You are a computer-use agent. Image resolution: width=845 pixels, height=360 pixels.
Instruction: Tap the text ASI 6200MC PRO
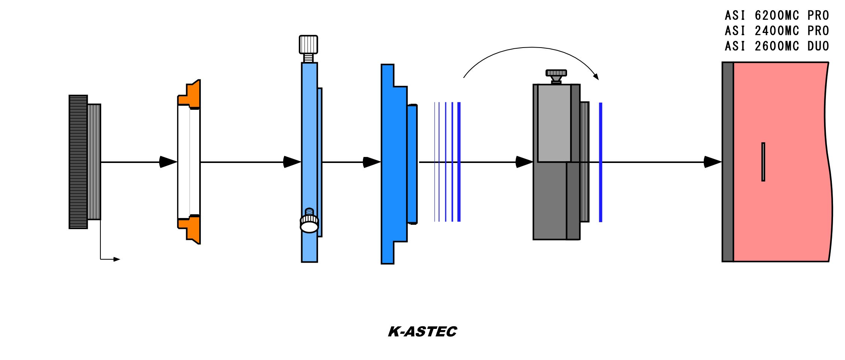coord(777,16)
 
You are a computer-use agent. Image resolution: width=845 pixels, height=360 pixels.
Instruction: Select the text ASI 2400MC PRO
coord(777,31)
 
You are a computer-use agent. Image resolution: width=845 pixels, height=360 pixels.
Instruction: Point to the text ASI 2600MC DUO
coord(777,46)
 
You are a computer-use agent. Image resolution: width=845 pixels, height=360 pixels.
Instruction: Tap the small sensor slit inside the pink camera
coord(763,162)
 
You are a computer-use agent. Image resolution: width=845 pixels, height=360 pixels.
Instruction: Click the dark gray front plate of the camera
coord(728,162)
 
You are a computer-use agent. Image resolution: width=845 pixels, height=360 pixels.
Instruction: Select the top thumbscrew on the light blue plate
coord(308,45)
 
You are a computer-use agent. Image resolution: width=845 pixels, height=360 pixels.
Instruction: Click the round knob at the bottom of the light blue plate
coord(309,226)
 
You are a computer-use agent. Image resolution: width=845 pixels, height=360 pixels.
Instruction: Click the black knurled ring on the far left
coord(78,162)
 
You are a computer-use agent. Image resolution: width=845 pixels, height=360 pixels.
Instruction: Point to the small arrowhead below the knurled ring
coord(116,259)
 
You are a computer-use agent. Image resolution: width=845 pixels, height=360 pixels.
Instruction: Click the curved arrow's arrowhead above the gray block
coord(596,76)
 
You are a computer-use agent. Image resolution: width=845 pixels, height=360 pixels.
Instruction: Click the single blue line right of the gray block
coord(600,162)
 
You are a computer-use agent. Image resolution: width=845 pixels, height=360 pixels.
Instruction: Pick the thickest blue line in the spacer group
coord(459,162)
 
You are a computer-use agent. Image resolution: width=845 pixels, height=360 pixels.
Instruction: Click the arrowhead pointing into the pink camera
coord(712,162)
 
